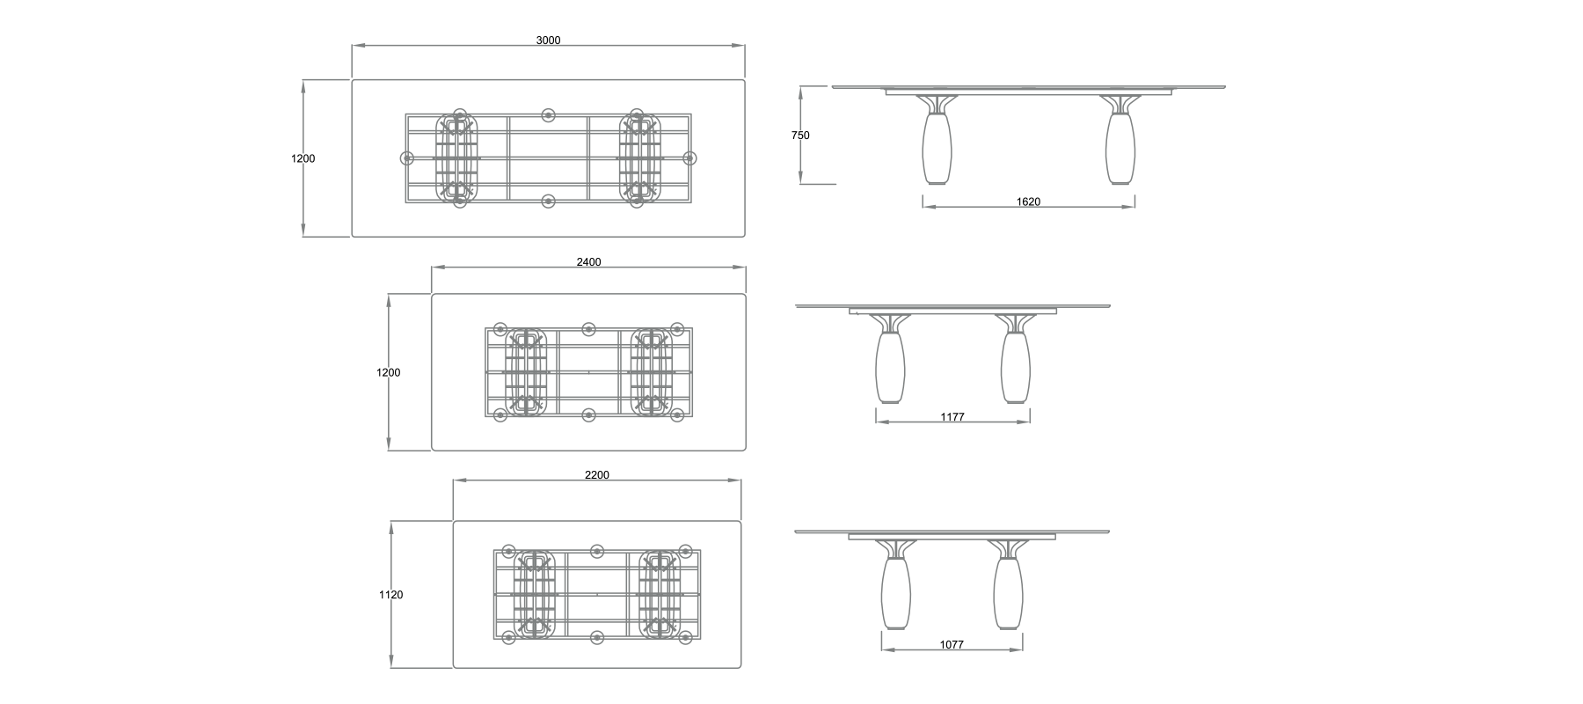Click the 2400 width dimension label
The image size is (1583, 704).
point(588,262)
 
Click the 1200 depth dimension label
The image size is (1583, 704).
point(388,372)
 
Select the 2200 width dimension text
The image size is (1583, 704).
point(596,475)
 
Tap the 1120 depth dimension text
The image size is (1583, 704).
point(390,595)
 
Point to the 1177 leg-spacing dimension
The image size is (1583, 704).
point(952,417)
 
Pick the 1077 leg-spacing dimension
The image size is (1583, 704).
point(951,644)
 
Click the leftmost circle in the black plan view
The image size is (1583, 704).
point(407,158)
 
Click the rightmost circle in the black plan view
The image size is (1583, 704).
point(689,158)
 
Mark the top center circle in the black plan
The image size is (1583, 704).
point(548,115)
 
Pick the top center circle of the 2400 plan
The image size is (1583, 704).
point(587,329)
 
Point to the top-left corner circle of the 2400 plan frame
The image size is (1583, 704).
point(500,329)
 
